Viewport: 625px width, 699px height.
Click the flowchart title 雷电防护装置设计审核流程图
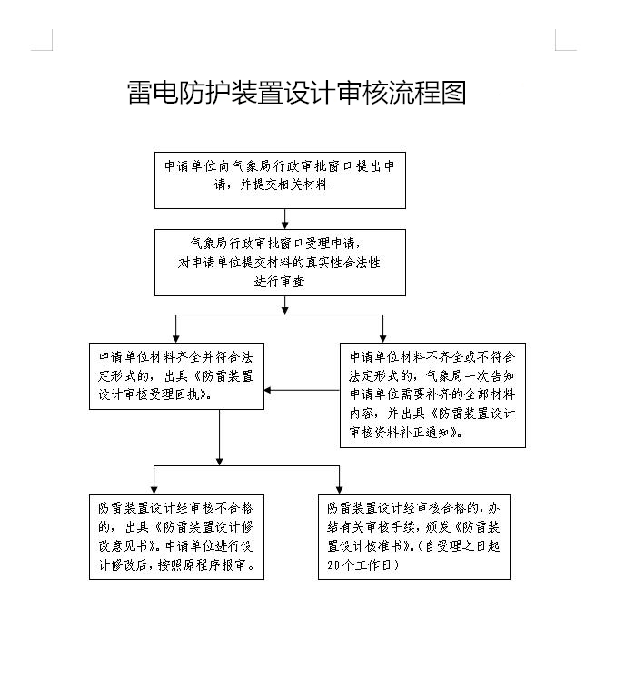(x=297, y=93)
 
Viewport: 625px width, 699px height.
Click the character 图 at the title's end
(x=453, y=93)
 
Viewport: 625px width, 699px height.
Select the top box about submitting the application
(x=280, y=180)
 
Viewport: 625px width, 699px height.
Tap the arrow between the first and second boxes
(x=284, y=219)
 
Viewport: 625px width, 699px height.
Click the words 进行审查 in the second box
(x=279, y=282)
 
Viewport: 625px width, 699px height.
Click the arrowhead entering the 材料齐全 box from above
(x=176, y=338)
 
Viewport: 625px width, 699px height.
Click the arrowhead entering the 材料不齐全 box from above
(x=382, y=338)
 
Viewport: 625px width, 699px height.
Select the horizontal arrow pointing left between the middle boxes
(x=302, y=390)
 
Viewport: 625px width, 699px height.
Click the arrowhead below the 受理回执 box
(x=219, y=461)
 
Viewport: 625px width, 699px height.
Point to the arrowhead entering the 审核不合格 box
(x=154, y=490)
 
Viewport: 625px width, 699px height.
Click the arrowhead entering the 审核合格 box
(x=340, y=490)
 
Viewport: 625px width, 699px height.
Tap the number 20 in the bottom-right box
(x=333, y=565)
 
